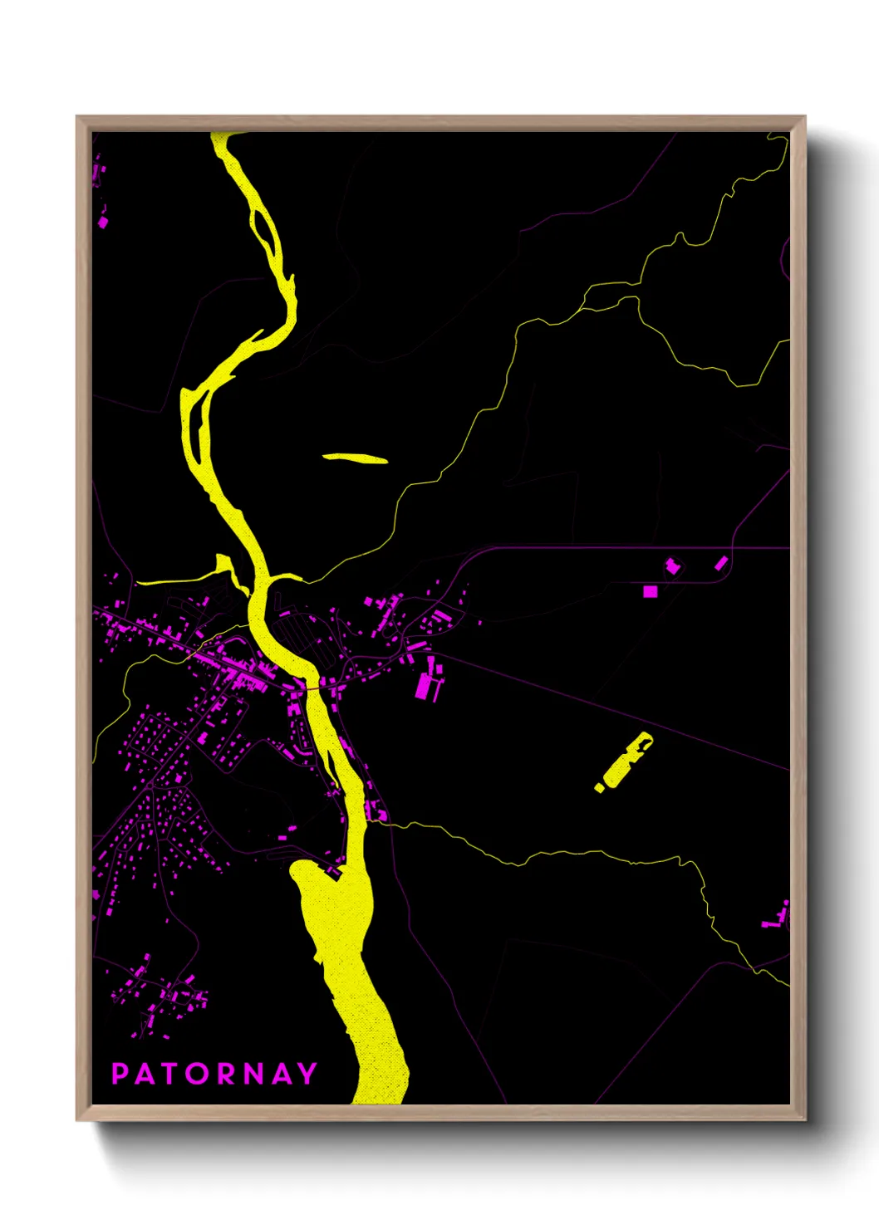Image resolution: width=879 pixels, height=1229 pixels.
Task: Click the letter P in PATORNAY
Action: (120, 1074)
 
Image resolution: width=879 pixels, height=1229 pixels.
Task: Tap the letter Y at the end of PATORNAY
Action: (308, 1074)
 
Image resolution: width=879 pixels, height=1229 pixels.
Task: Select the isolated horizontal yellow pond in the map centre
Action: (355, 458)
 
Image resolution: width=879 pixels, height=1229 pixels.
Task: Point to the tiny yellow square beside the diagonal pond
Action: (599, 787)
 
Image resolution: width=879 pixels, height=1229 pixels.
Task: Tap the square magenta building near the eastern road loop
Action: (650, 591)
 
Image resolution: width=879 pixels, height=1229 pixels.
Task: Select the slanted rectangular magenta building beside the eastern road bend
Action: (720, 564)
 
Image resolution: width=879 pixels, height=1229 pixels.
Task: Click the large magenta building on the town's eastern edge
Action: (425, 686)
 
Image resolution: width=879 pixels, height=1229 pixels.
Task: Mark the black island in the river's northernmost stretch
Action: (264, 228)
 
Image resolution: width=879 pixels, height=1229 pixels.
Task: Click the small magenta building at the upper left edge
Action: (102, 222)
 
